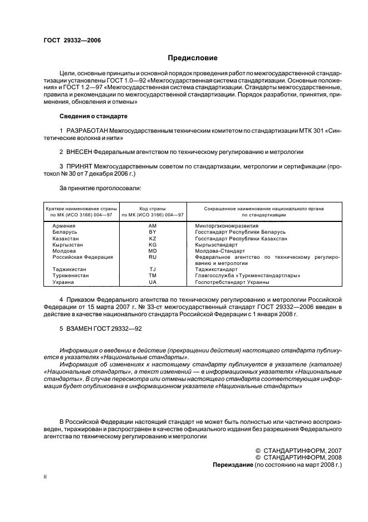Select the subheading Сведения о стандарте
[94, 116]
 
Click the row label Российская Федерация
[82, 257]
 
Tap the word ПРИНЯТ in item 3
[81, 166]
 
